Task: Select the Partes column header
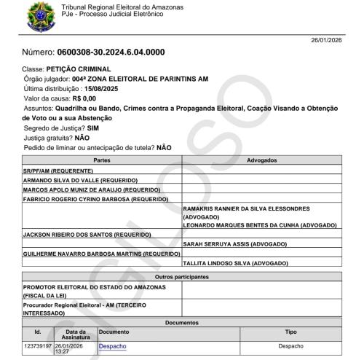(101, 159)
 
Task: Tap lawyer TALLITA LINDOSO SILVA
(234, 263)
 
